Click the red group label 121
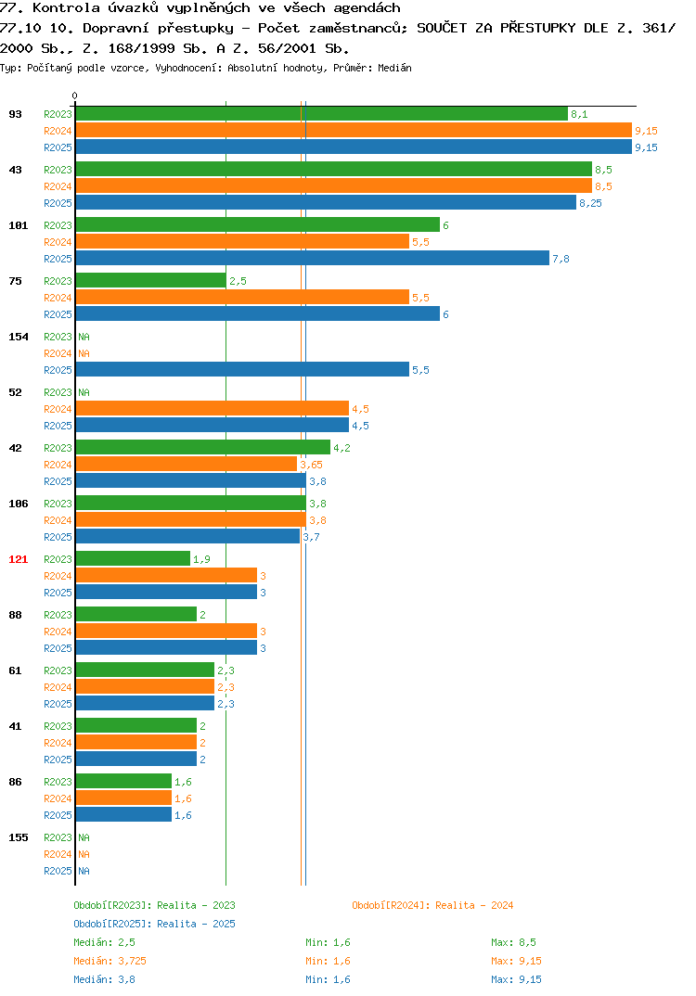click(x=19, y=559)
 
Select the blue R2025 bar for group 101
click(x=312, y=258)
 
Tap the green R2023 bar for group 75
click(x=150, y=280)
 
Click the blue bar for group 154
click(x=242, y=369)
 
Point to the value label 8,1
click(x=579, y=114)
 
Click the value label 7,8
click(x=561, y=259)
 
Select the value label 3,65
click(x=312, y=465)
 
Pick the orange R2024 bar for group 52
click(x=213, y=408)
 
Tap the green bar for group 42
click(x=202, y=447)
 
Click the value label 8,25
click(x=590, y=203)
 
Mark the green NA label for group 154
click(x=84, y=337)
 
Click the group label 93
click(x=15, y=114)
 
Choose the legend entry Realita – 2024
click(x=432, y=905)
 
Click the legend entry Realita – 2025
click(x=154, y=924)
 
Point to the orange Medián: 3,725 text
click(x=110, y=961)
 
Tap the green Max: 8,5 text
click(x=513, y=942)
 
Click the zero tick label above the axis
click(x=74, y=96)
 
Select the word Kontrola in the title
click(x=66, y=8)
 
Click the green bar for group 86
click(x=123, y=781)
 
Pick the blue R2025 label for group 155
click(x=58, y=871)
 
